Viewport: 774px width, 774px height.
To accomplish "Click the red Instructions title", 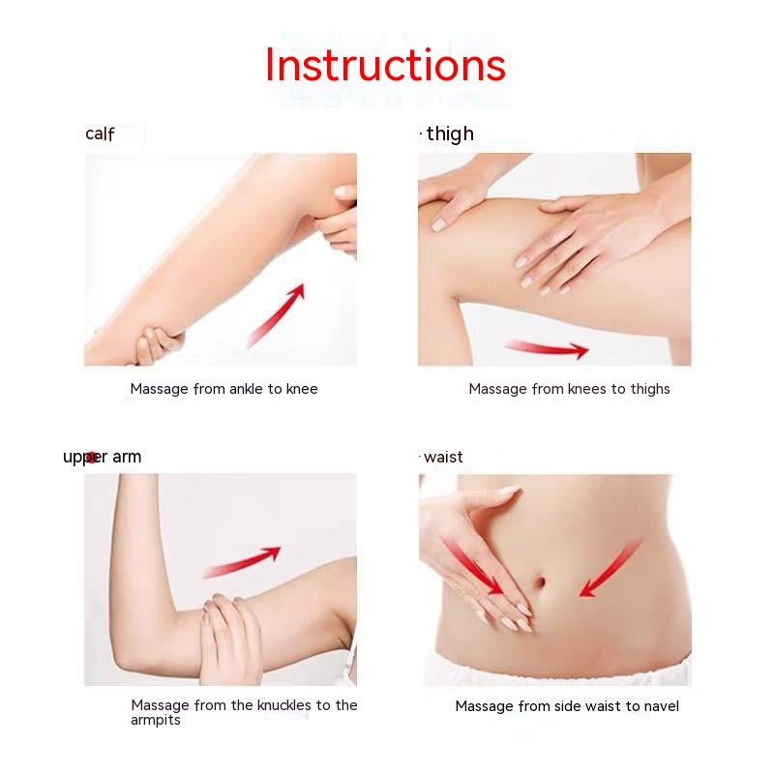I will click(385, 65).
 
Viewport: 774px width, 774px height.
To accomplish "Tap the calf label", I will click(100, 134).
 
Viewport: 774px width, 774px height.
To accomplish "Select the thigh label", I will click(450, 134).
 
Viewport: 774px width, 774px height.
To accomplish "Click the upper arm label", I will click(103, 457).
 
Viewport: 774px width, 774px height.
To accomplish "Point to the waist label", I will click(443, 457).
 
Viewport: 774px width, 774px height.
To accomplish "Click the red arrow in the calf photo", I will click(276, 315).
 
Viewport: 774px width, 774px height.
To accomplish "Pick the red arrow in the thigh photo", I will click(547, 348).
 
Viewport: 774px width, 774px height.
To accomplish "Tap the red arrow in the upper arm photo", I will click(241, 562).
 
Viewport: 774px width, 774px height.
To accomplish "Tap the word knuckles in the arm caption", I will click(265, 705).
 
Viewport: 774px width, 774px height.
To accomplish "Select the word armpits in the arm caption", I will click(156, 720).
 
